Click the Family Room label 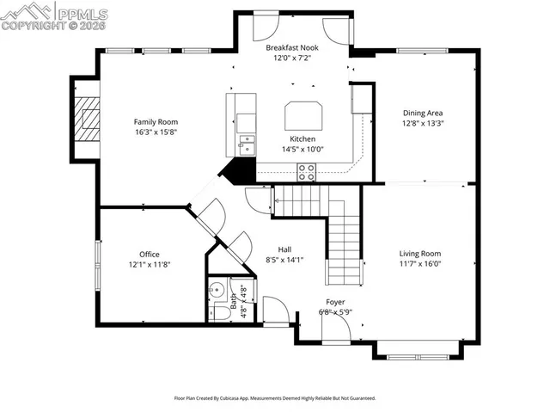[155, 121]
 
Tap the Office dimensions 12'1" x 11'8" [150, 265]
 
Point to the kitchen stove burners [306, 172]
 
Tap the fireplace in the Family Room [87, 120]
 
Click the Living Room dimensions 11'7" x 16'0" [419, 264]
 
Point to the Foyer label [335, 302]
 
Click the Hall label [284, 249]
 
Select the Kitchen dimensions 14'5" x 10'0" [302, 149]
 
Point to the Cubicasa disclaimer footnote [275, 398]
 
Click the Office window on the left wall [98, 267]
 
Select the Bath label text [233, 301]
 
